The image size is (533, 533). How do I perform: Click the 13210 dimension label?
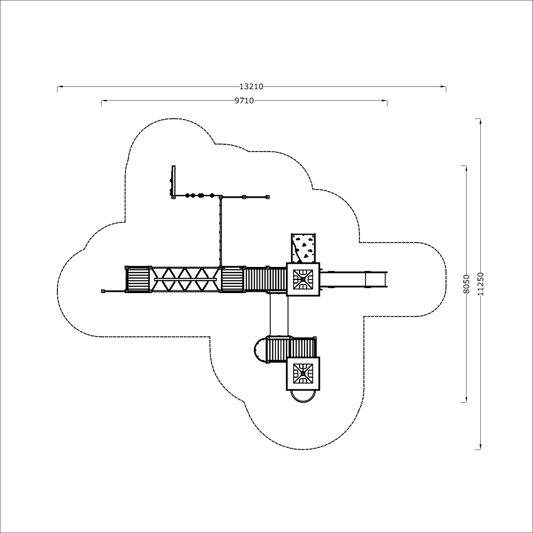[x=251, y=87]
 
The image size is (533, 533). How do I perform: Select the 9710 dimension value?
[x=244, y=101]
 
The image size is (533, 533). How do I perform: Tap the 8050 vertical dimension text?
[x=466, y=284]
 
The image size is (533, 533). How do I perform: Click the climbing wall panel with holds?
[x=303, y=248]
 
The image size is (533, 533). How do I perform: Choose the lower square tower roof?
[x=303, y=373]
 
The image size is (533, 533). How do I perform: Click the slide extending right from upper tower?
[x=354, y=280]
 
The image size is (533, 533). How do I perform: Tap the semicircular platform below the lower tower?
[x=303, y=397]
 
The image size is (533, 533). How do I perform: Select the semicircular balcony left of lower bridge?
[x=260, y=350]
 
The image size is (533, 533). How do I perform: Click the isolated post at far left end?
[x=103, y=291]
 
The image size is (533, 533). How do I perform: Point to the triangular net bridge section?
[x=185, y=280]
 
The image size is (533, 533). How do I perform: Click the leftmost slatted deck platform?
[x=138, y=280]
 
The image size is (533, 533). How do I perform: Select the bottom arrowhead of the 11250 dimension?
[x=480, y=447]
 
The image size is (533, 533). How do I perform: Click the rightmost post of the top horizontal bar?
[x=267, y=197]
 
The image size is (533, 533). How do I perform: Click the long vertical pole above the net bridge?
[x=220, y=232]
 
